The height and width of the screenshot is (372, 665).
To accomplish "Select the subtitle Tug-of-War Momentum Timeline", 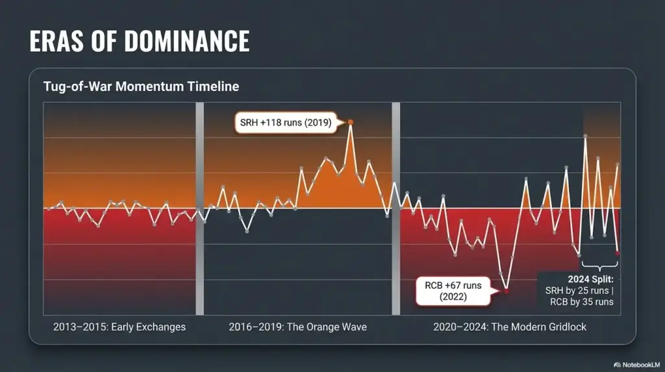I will (x=141, y=86).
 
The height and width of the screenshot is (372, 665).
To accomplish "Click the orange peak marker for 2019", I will (x=351, y=122).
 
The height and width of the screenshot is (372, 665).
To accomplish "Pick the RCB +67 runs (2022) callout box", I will (x=454, y=291).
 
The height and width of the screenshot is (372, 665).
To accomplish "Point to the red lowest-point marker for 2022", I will (x=507, y=291).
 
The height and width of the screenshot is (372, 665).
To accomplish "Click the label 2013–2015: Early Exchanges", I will (x=119, y=326).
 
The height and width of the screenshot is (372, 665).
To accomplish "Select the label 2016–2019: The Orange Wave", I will (x=297, y=326).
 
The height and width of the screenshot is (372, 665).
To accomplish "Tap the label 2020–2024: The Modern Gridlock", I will (x=510, y=326).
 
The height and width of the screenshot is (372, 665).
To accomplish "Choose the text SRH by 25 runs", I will (x=577, y=290).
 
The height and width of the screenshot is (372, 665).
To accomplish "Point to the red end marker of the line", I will (x=618, y=253).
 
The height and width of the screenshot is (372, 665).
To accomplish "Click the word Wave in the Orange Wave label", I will (x=353, y=326).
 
